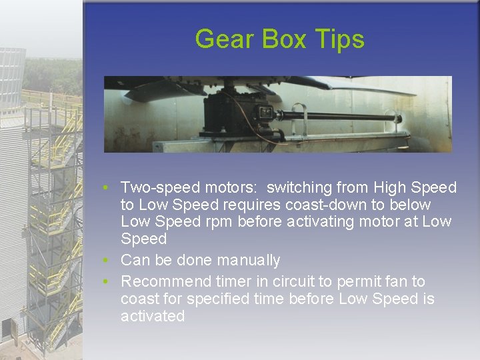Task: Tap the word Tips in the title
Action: [341, 39]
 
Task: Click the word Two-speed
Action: [159, 188]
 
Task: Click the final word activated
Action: [153, 316]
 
